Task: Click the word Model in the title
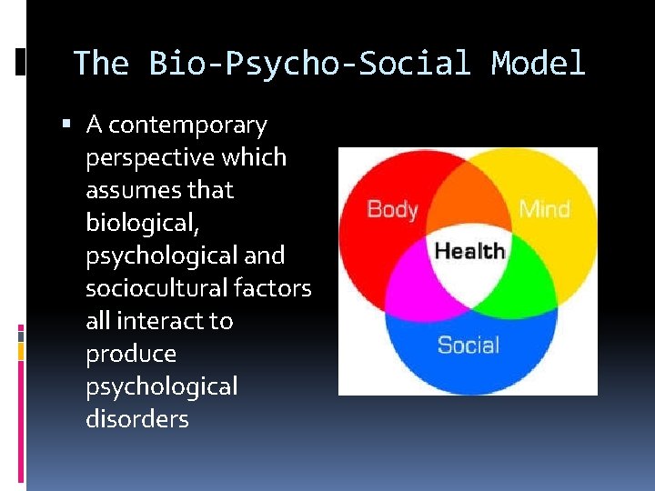pos(538,64)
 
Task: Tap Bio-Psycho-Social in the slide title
pos(309,64)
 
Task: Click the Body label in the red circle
pos(392,209)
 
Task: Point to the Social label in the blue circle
pos(469,346)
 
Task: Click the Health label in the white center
pos(469,251)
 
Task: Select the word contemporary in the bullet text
pos(187,125)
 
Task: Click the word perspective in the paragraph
pos(150,157)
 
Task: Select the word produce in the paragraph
pos(131,354)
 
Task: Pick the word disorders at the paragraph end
pos(137,419)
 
